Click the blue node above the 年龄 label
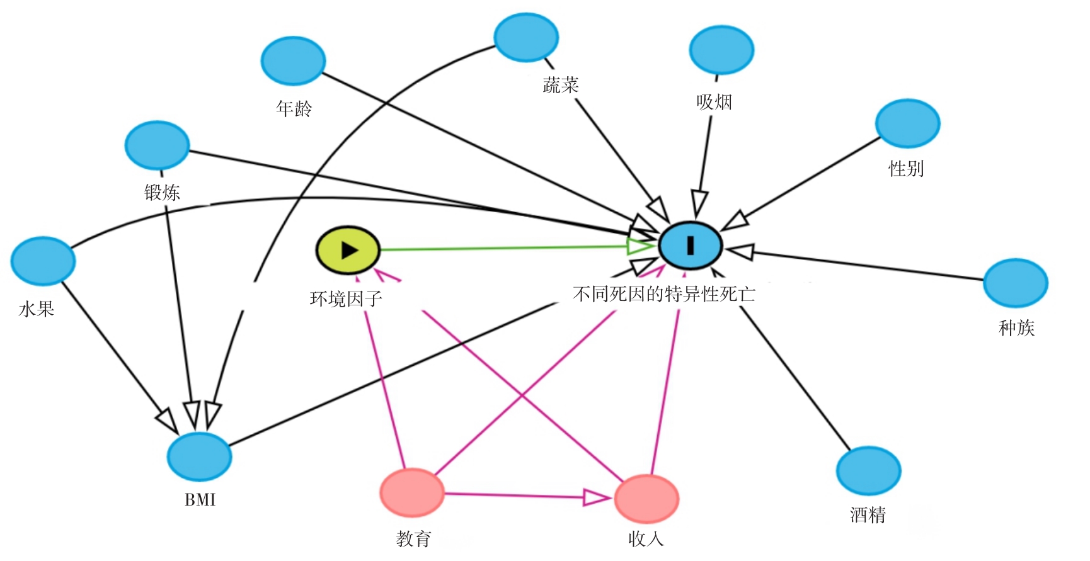[x=293, y=61]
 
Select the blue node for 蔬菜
[x=526, y=38]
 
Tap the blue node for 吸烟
[x=721, y=50]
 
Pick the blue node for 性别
[x=907, y=123]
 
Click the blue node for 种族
[x=1015, y=283]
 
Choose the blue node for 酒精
[x=868, y=471]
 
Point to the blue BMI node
[x=199, y=456]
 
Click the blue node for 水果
[x=43, y=261]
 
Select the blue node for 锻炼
[x=157, y=145]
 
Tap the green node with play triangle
[x=348, y=250]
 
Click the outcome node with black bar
[x=691, y=246]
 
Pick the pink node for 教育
[x=412, y=493]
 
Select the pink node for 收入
[x=646, y=499]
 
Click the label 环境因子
[x=346, y=298]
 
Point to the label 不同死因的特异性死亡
[x=663, y=294]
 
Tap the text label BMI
[x=200, y=500]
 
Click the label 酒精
[x=868, y=515]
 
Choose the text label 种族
[x=1016, y=327]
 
